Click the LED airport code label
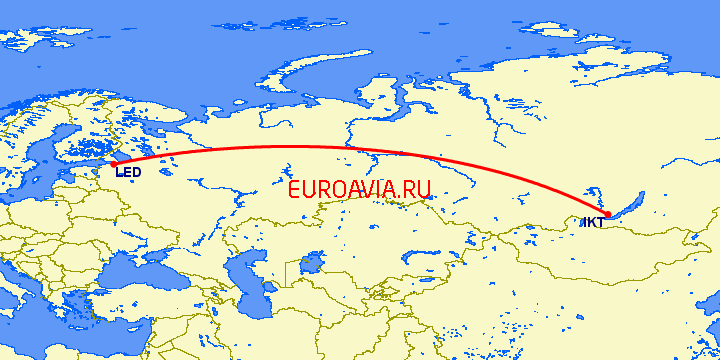click(128, 173)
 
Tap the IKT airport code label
click(592, 222)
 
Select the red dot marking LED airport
click(113, 163)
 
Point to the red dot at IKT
click(608, 213)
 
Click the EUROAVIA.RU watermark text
click(358, 189)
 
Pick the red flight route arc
click(300, 147)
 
